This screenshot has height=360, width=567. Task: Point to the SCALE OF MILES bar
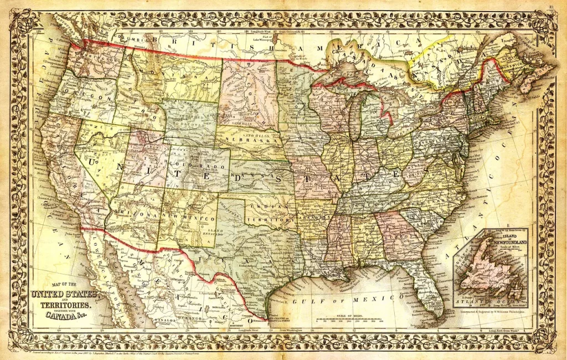click(349, 321)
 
